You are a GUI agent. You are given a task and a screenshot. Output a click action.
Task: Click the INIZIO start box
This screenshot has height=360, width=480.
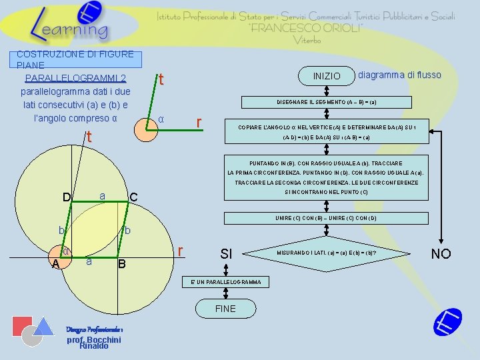(327, 76)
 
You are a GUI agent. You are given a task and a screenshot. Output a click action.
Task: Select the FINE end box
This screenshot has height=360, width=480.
(225, 309)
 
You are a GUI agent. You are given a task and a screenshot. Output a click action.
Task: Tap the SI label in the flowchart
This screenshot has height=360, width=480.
(226, 254)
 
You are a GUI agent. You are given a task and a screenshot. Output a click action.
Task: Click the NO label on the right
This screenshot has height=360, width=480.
(441, 253)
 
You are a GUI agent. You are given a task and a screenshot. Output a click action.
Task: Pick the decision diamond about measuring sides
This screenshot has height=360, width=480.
(327, 253)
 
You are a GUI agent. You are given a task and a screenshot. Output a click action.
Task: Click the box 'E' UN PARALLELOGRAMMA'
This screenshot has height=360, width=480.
(226, 283)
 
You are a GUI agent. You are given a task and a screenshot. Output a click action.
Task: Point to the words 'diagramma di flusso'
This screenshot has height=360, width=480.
(399, 75)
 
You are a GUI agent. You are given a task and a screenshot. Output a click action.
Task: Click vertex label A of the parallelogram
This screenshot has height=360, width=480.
(55, 263)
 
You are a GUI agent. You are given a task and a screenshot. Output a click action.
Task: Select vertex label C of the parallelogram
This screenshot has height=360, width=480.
(133, 197)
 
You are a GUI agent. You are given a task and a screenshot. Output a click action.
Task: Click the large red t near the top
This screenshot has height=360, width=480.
(161, 80)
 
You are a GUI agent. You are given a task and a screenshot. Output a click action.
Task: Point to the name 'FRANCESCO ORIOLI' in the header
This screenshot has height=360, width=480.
(306, 28)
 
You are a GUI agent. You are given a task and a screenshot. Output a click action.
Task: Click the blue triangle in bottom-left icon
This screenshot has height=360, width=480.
(44, 326)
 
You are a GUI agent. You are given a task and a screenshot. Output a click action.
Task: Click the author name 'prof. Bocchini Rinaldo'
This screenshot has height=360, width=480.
(93, 342)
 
